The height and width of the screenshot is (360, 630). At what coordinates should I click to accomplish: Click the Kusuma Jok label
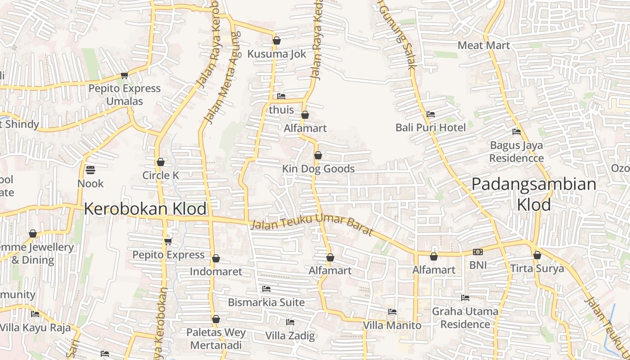tap(276, 54)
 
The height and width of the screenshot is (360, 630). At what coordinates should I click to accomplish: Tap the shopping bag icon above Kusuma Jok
tap(277, 40)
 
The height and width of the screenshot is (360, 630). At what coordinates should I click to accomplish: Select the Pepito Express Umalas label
tap(124, 94)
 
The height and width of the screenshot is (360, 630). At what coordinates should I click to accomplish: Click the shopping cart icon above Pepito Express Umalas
tap(124, 75)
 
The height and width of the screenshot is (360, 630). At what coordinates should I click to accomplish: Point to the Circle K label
tap(161, 175)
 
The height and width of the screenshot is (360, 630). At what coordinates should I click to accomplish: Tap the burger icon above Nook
tap(90, 170)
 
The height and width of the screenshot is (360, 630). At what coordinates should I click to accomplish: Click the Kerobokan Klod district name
tap(145, 209)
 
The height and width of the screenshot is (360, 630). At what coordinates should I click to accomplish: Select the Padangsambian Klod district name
tap(534, 194)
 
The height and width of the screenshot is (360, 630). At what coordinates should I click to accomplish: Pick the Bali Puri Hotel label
tap(431, 128)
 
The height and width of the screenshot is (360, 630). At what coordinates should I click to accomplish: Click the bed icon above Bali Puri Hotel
tap(431, 114)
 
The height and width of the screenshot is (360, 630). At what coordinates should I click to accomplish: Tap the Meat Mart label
tap(484, 45)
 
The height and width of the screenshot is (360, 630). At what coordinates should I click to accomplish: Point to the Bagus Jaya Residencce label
tap(516, 152)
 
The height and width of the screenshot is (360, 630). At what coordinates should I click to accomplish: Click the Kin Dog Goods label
tap(318, 169)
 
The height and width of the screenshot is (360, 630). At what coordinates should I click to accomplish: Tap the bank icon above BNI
tap(478, 252)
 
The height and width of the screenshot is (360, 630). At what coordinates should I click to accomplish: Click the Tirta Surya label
tap(537, 269)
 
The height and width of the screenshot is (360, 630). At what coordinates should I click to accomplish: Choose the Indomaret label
tap(216, 271)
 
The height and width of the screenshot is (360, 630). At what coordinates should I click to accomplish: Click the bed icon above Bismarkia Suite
tap(266, 288)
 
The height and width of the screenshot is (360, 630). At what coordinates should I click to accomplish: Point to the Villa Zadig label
tap(290, 336)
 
